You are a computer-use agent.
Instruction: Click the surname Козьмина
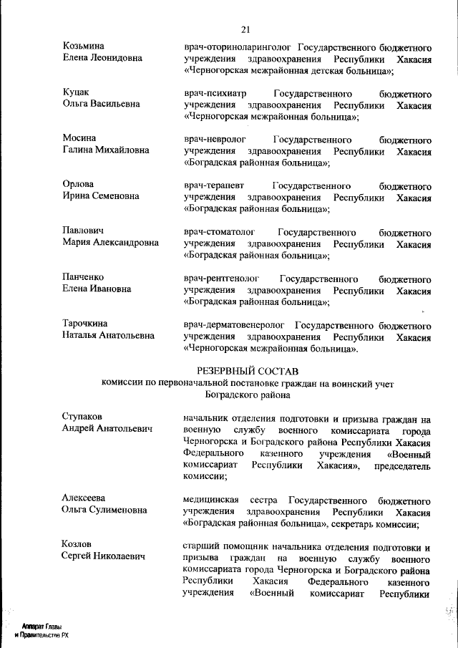(85, 46)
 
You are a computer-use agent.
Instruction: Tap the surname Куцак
(76, 92)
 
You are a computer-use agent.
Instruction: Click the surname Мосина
(79, 137)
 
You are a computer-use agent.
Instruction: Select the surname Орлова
(78, 185)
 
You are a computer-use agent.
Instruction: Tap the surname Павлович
(83, 231)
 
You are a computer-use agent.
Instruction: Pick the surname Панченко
(83, 277)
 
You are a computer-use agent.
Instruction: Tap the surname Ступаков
(82, 417)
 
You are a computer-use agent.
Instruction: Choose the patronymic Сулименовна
(117, 510)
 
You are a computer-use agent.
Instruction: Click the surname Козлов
(77, 545)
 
